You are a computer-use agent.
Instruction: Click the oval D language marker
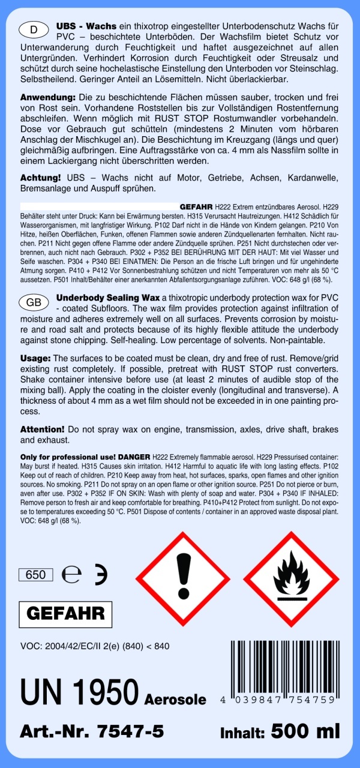click(x=34, y=29)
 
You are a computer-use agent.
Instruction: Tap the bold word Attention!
click(x=42, y=430)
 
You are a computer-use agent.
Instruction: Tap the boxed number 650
click(x=36, y=575)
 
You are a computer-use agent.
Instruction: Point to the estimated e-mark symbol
click(x=71, y=575)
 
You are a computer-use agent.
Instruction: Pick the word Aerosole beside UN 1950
click(x=175, y=700)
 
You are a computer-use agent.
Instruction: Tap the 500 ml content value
click(x=305, y=731)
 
